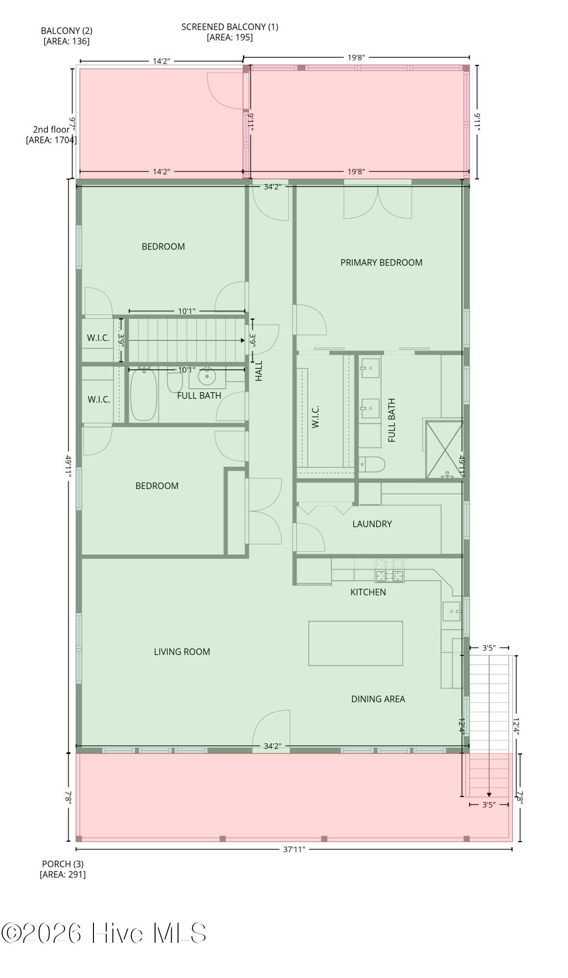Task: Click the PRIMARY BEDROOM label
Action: coord(381,263)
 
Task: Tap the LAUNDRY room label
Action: coord(372,524)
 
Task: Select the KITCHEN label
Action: coord(368,592)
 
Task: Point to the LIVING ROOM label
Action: coord(182,652)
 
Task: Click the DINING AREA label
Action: coord(378,699)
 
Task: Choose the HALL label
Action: coord(259,371)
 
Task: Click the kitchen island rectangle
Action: coord(355,643)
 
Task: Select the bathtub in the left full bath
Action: coord(143,395)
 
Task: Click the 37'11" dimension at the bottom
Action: coord(294,849)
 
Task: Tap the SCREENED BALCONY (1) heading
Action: coord(229,27)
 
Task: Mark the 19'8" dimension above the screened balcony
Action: coord(356,57)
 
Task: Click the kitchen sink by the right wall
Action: coord(451,611)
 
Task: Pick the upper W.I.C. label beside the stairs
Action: coord(98,338)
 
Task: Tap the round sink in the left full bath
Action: coord(207,377)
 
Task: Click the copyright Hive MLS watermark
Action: coord(104,933)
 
